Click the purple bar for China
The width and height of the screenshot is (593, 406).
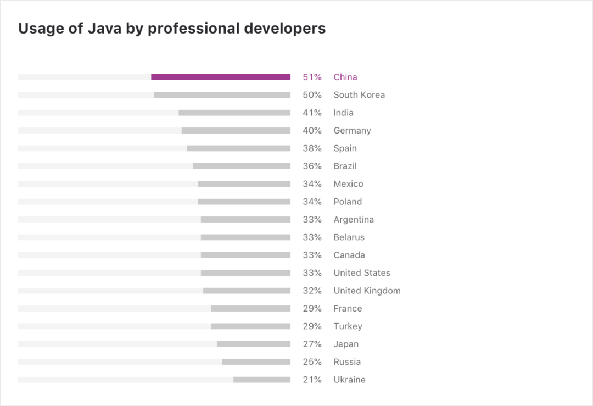[221, 77]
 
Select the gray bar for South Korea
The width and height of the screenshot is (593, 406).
[222, 95]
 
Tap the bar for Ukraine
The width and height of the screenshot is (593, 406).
[262, 380]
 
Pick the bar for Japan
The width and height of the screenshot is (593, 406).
[254, 344]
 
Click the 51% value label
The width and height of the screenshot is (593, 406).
[312, 77]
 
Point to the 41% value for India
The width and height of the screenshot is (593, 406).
[312, 113]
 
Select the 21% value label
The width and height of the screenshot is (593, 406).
[312, 380]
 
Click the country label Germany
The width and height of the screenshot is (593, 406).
[352, 131]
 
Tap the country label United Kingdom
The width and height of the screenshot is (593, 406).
[367, 291]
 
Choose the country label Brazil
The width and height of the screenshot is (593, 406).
[345, 166]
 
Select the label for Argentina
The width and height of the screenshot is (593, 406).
[354, 219]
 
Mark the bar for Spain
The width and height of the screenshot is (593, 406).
[238, 148]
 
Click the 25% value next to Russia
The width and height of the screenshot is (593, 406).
[312, 362]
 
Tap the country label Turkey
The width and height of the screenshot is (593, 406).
[348, 326]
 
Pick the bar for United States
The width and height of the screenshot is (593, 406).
[245, 273]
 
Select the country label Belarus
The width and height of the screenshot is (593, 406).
[349, 237]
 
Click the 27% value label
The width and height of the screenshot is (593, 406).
[312, 344]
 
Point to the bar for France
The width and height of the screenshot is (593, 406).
[251, 309]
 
